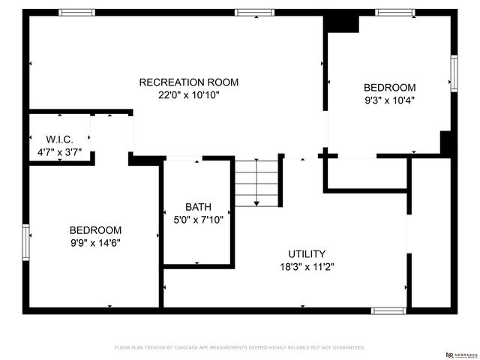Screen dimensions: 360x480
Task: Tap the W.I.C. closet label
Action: [x=59, y=139]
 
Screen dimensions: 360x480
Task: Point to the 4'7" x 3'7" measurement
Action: [x=59, y=153]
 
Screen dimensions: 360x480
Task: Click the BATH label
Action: [x=198, y=207]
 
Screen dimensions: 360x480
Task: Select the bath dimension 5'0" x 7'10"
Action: [x=198, y=220]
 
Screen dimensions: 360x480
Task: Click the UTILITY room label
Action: [x=307, y=253]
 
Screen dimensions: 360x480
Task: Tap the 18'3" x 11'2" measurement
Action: [x=307, y=267]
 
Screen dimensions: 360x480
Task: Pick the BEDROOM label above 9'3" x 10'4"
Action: [x=389, y=87]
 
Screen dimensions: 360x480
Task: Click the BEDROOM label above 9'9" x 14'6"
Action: [x=95, y=230]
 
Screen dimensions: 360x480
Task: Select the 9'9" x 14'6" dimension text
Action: [x=95, y=243]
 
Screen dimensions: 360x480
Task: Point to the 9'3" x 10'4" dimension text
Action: [x=389, y=100]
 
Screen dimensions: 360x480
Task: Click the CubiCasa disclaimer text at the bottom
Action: [x=239, y=347]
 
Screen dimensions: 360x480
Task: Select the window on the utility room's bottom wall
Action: [x=389, y=310]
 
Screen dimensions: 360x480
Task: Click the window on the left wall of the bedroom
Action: [x=26, y=243]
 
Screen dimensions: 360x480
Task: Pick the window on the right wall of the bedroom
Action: [x=454, y=73]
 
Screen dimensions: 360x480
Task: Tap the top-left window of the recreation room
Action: [x=77, y=13]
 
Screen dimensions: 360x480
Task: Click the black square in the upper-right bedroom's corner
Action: [x=341, y=23]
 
